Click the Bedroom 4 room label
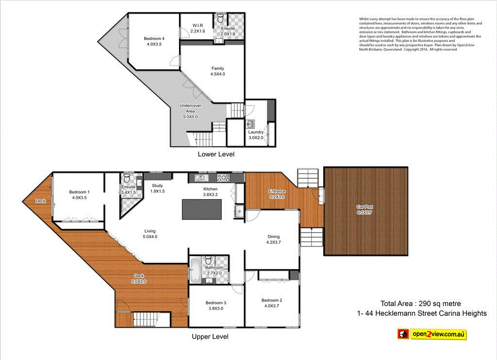154,41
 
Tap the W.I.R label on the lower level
198,28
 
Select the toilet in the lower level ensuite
221,19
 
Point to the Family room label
217,71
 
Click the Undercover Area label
190,111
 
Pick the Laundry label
256,135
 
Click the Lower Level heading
216,154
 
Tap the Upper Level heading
210,336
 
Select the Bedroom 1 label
79,194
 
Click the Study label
157,188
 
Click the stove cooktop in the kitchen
225,177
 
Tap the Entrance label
278,194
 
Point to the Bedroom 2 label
272,303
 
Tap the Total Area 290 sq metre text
417,304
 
